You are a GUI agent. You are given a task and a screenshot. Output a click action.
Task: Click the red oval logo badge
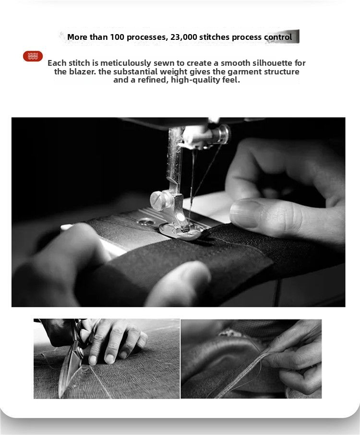(x=33, y=56)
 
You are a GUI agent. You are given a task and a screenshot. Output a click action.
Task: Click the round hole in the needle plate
(x=145, y=221)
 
